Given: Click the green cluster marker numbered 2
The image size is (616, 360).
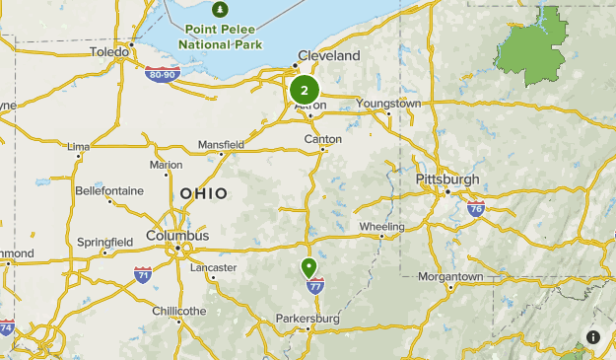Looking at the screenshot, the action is pyautogui.click(x=305, y=90).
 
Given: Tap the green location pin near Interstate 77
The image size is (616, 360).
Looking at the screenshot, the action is pyautogui.click(x=309, y=267).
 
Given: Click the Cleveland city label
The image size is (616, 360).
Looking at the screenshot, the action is pyautogui.click(x=329, y=56).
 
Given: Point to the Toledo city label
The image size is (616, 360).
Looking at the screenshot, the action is pyautogui.click(x=108, y=51).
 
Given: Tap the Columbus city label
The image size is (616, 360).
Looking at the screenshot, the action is pyautogui.click(x=177, y=236).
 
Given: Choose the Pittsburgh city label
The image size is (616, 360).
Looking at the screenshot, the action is pyautogui.click(x=447, y=180).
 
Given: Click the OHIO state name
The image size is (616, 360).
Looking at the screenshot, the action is pyautogui.click(x=203, y=193).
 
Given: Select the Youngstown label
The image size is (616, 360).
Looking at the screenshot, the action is pyautogui.click(x=388, y=103).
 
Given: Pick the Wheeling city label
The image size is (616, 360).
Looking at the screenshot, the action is pyautogui.click(x=380, y=227).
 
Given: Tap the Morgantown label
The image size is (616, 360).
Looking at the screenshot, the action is pyautogui.click(x=450, y=277).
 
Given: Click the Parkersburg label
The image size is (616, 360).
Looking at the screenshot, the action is pyautogui.click(x=308, y=319).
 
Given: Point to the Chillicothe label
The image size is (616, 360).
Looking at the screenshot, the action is pyautogui.click(x=179, y=311).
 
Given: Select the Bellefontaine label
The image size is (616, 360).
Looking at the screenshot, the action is pyautogui.click(x=109, y=190).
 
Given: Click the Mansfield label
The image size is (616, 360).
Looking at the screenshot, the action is pyautogui.click(x=221, y=144).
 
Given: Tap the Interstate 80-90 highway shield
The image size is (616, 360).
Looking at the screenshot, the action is pyautogui.click(x=161, y=74).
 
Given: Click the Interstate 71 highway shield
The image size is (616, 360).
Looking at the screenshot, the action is pyautogui.click(x=143, y=274).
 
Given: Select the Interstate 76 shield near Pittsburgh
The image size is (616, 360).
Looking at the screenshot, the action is pyautogui.click(x=476, y=208).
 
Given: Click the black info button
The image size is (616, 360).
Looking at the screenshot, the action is pyautogui.click(x=593, y=337).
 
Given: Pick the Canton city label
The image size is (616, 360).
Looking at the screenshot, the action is pyautogui.click(x=323, y=139).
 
